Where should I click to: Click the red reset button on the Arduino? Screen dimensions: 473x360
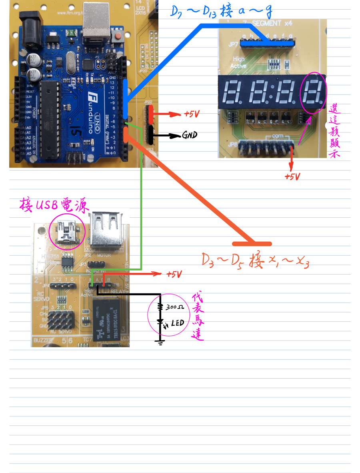pos(118,38)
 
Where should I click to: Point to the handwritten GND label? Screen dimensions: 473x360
pos(190,135)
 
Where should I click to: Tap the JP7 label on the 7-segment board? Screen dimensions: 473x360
pos(233,44)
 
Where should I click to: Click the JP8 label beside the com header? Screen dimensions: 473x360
pos(232,143)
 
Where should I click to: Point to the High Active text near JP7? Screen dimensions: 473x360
pos(238,62)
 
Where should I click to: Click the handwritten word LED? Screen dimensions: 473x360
pos(177,323)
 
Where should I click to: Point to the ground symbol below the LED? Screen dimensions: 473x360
pos(160,342)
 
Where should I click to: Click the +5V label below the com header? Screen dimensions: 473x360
pos(292,176)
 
